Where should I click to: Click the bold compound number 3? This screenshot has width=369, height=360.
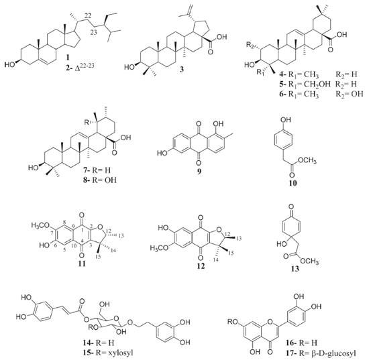click(181, 69)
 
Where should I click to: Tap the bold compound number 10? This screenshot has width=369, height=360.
click(293, 183)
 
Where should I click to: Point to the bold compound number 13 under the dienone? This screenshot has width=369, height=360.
click(295, 269)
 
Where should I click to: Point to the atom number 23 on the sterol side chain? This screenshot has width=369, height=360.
click(94, 32)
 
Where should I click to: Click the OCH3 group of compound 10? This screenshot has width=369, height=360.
click(307, 161)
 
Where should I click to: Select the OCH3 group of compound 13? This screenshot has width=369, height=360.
click(309, 261)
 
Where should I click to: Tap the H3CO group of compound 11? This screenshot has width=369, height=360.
click(40, 225)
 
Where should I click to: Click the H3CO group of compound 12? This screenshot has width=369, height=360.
click(160, 248)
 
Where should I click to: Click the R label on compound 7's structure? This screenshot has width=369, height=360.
click(87, 122)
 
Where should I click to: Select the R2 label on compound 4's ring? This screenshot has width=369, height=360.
click(250, 45)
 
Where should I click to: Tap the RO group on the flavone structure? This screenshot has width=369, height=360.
click(233, 321)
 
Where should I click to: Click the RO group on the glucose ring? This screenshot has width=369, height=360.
click(93, 327)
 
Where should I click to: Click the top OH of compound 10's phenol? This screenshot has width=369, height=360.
click(285, 120)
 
